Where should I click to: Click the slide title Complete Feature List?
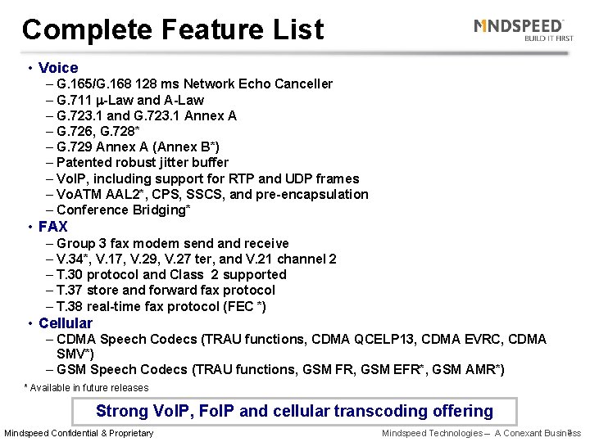pos(173,30)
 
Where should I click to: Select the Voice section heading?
pos(58,68)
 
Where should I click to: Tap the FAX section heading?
pos(52,227)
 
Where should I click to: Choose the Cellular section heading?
pos(66,323)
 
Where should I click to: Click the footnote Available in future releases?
pos(86,388)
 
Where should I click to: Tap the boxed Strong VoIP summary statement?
pos(294,412)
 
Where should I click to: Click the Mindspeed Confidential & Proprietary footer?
pos(79,433)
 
